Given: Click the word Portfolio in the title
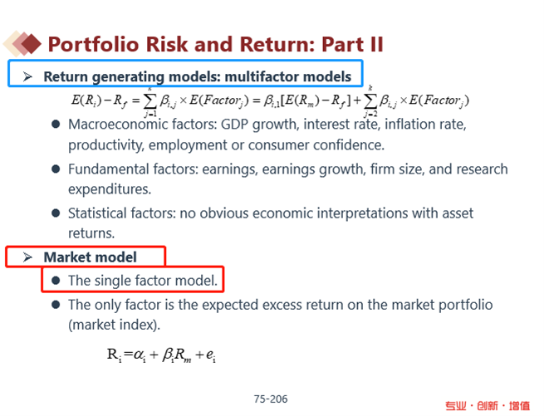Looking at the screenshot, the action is click(93, 45).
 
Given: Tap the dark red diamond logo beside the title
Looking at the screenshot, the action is click(32, 44).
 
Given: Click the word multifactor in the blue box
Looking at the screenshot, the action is click(257, 76).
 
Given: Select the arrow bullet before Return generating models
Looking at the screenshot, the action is click(27, 76).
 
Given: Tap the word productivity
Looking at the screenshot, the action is click(105, 145).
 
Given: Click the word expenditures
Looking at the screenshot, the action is click(110, 190).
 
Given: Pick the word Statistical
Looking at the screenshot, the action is click(97, 213).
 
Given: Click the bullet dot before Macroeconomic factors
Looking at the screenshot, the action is click(56, 125).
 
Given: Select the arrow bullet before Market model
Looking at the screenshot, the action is click(27, 257).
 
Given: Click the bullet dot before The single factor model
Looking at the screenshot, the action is click(56, 281).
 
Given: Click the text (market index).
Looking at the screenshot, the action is click(114, 325).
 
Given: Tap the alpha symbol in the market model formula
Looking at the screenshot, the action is click(140, 355).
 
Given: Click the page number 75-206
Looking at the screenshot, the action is click(271, 399).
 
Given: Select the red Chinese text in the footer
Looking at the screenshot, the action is click(488, 405).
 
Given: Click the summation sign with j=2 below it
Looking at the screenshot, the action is click(370, 101).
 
